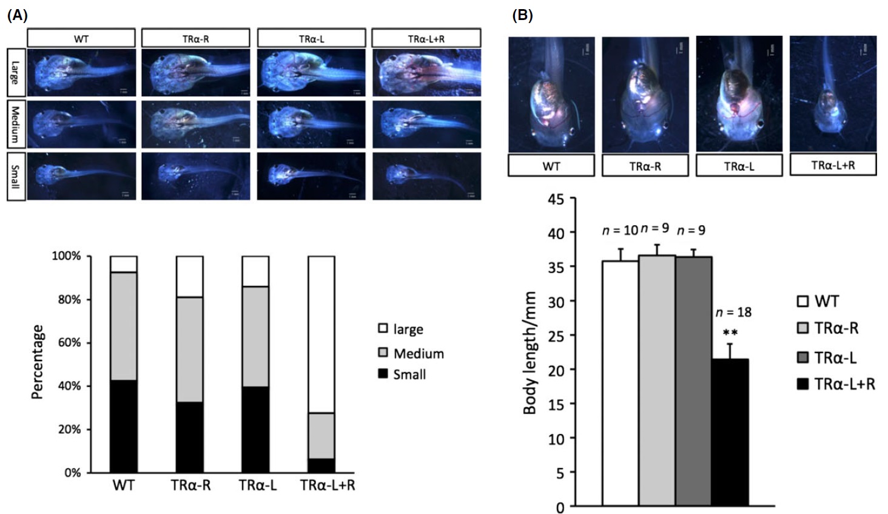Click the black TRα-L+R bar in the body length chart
[x=730, y=432]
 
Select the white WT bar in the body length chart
[x=620, y=384]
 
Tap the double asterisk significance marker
[x=730, y=333]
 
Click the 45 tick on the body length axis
[x=556, y=199]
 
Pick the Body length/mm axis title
[x=530, y=353]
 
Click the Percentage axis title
[x=38, y=362]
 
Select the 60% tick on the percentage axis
[x=69, y=343]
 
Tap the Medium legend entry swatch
[x=383, y=353]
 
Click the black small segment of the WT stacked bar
[x=123, y=426]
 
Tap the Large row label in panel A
[x=15, y=73]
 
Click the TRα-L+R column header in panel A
[x=426, y=38]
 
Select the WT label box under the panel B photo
[x=551, y=166]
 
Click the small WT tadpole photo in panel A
[x=81, y=176]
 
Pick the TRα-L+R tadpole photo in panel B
[x=832, y=94]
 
